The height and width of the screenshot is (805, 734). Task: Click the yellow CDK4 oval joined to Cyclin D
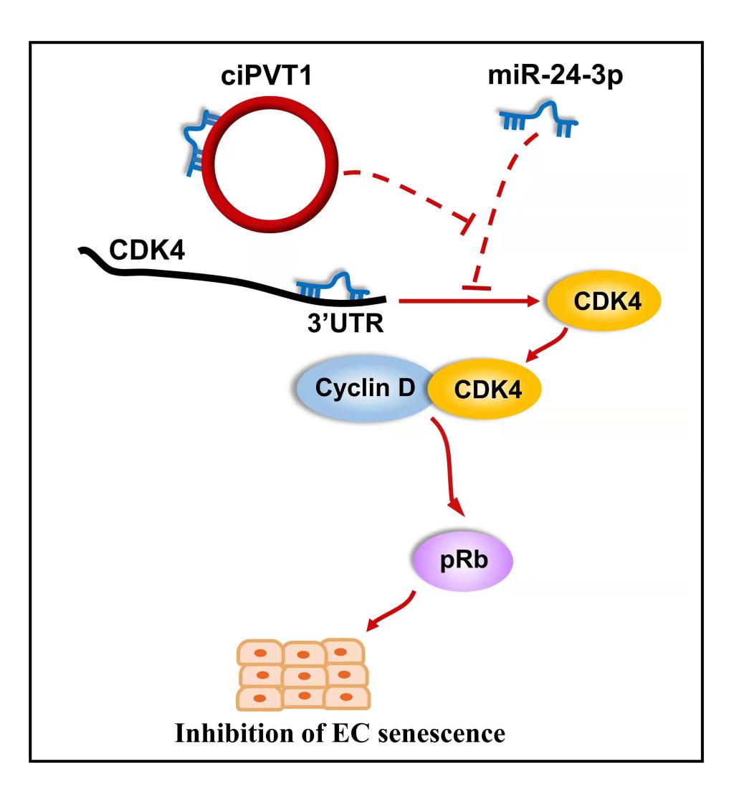click(484, 389)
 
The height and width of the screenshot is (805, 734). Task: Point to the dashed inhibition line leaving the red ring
click(401, 194)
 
